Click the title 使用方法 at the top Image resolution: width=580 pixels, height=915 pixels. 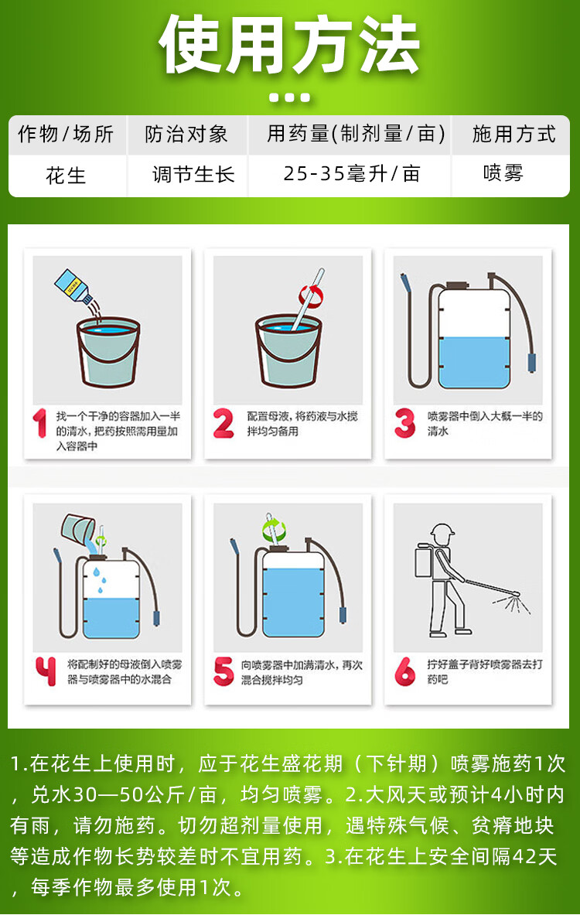tap(289, 45)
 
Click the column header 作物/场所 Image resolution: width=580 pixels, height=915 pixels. tap(66, 135)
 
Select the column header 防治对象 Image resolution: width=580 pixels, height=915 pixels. tap(186, 135)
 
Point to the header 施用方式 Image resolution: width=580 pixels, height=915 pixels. tap(513, 135)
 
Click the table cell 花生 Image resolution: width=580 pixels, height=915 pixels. tap(66, 175)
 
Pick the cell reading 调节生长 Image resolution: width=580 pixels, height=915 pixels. tap(193, 174)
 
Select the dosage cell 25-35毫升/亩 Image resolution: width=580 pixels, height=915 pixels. tap(352, 173)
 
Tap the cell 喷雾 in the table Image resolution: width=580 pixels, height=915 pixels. tap(503, 173)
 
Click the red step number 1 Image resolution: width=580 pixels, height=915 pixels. tap(40, 422)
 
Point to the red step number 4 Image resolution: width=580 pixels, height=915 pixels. tap(46, 671)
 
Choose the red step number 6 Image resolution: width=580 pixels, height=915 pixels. tap(405, 671)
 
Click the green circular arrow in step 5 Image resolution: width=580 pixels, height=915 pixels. tap(275, 531)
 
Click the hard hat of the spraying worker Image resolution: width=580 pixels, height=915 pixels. tap(442, 531)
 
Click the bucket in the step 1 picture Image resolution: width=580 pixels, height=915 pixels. tap(108, 352)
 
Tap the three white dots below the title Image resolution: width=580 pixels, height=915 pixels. tap(290, 97)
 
